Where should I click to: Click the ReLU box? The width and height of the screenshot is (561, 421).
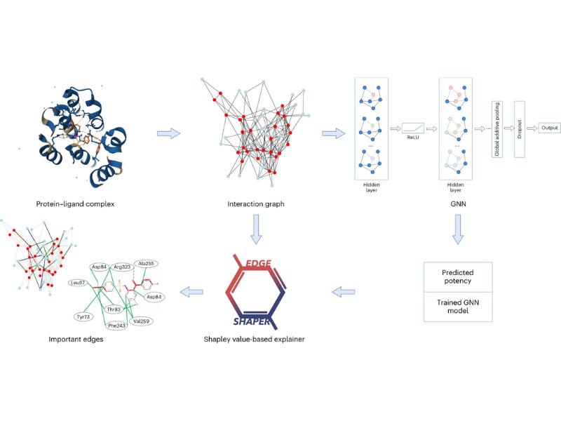(x=413, y=128)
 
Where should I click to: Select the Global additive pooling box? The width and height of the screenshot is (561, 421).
(x=496, y=128)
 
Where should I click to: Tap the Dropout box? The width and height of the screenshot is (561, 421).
(x=520, y=128)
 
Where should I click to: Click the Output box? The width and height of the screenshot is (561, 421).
(x=549, y=128)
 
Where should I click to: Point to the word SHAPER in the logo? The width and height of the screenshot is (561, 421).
(x=254, y=322)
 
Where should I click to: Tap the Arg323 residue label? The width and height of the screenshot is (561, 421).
(x=121, y=267)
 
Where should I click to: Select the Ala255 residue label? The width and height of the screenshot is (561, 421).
(x=147, y=263)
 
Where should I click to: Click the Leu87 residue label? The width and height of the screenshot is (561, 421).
(x=79, y=283)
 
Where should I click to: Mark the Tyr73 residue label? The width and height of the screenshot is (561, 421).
(x=84, y=317)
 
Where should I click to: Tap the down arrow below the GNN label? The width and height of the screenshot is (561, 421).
(x=457, y=229)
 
